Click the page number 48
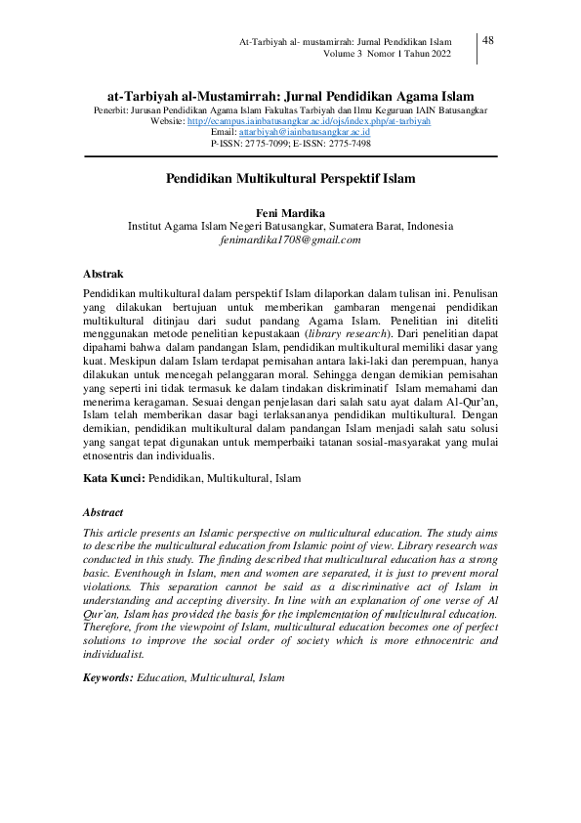pyautogui.click(x=488, y=40)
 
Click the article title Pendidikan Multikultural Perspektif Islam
pyautogui.click(x=290, y=179)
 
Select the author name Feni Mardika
pyautogui.click(x=290, y=212)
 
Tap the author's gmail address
pyautogui.click(x=290, y=239)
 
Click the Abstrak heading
pyautogui.click(x=103, y=275)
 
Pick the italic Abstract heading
pyautogui.click(x=104, y=510)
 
